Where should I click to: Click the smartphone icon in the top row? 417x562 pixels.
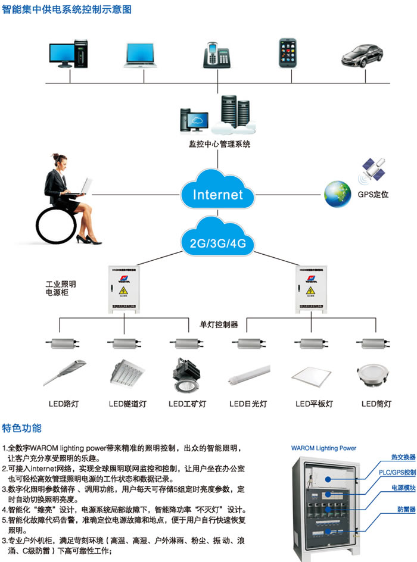[x=288, y=52]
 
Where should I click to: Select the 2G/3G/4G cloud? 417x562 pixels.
[x=217, y=240]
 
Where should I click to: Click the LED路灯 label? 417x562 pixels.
[x=64, y=404]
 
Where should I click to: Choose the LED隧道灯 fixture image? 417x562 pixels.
[x=126, y=373]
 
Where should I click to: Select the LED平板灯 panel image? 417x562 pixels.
[x=311, y=374]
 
